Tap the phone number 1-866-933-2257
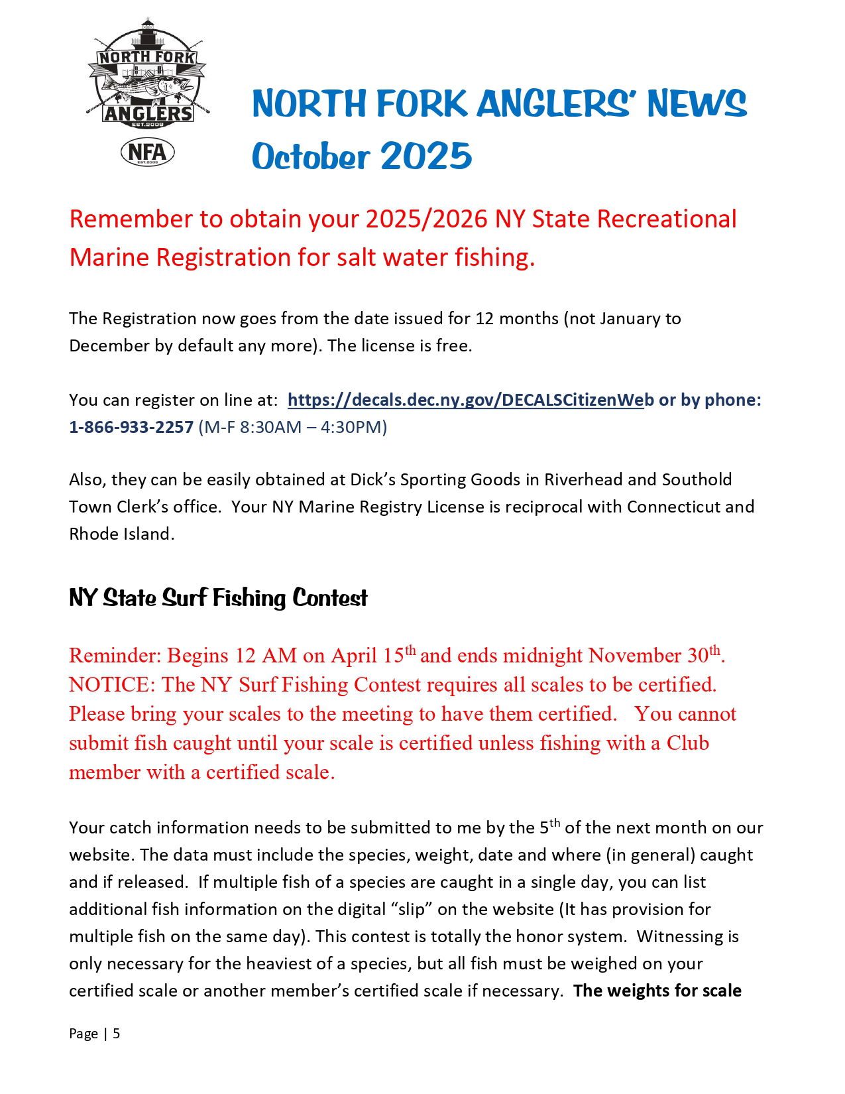coord(131,427)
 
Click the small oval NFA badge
coord(147,152)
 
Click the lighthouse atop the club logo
coord(147,33)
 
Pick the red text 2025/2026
coord(426,219)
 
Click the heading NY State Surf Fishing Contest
coord(218,597)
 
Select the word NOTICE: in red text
coord(112,684)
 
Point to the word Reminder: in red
coord(115,655)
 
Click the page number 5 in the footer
coord(116,1034)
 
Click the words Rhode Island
coord(121,534)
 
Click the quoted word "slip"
coord(411,909)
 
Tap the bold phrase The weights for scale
coord(657,991)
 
